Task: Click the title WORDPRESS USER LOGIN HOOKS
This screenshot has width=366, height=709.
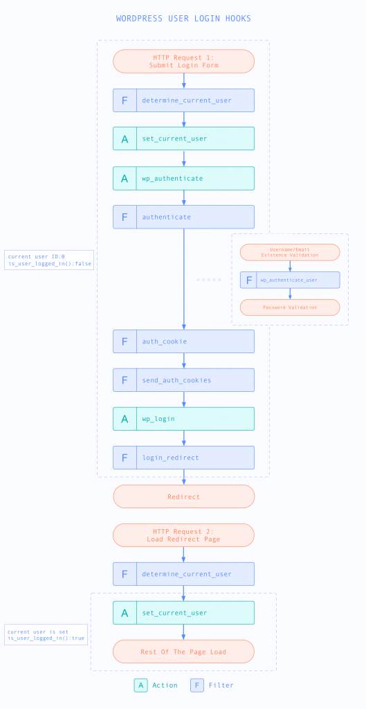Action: tap(183, 18)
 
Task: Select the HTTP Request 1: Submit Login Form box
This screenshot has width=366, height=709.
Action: tap(183, 61)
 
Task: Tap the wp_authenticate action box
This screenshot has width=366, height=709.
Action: tap(183, 178)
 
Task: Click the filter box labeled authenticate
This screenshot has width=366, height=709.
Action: tap(183, 217)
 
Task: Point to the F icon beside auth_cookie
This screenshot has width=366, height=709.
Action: tap(125, 341)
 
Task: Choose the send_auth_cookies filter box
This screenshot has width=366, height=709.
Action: tap(183, 380)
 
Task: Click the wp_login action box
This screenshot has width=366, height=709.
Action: tap(183, 419)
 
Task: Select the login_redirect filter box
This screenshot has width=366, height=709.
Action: tap(183, 458)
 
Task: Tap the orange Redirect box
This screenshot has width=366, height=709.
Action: tap(183, 496)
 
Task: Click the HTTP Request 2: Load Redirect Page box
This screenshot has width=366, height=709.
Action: tap(183, 535)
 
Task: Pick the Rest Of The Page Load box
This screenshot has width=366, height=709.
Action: tap(183, 652)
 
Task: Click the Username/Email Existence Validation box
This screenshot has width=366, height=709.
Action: tap(290, 252)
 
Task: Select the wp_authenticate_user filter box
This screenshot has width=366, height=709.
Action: tap(290, 280)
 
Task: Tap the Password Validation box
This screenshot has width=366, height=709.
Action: tap(290, 307)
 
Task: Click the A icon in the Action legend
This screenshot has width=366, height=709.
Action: tap(141, 685)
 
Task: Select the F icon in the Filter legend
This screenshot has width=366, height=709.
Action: tap(197, 685)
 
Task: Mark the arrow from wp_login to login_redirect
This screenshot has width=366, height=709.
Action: tap(183, 438)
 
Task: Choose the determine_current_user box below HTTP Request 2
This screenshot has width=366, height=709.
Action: tap(183, 574)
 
